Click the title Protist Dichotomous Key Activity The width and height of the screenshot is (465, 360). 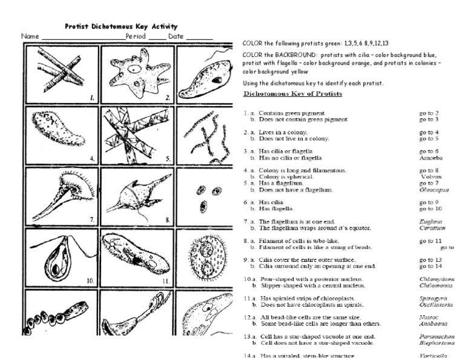pyautogui.click(x=121, y=26)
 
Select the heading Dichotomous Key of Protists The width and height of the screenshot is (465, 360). pyautogui.click(x=292, y=94)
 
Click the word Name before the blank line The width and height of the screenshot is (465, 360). pyautogui.click(x=30, y=36)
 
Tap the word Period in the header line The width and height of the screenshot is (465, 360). pyautogui.click(x=136, y=36)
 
